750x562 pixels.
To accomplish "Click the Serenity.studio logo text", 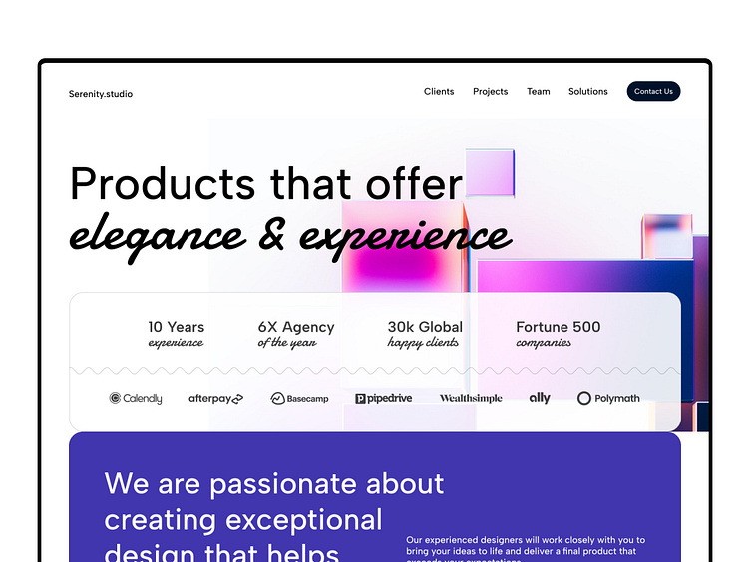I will (101, 94).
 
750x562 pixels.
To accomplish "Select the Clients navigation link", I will (439, 92).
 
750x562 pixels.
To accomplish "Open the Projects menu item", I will (490, 92).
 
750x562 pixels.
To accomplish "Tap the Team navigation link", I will (539, 92).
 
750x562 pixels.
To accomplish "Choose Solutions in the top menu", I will (588, 92).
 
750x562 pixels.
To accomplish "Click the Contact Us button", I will (653, 92).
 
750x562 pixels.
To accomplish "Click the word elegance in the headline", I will (157, 237).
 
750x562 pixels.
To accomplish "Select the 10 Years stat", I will (176, 334).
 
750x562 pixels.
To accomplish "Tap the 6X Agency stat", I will (296, 334).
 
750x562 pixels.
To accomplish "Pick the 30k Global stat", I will (425, 334).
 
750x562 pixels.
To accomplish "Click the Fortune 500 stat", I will (559, 334).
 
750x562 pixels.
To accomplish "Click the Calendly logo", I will (136, 399).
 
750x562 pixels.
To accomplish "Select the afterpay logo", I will (215, 399).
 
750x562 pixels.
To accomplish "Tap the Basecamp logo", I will (299, 399).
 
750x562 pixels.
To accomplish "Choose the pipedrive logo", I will (383, 399).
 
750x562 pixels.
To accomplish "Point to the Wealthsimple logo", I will (471, 399).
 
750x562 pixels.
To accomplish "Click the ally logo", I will (540, 398).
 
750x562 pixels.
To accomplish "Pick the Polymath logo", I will (608, 399).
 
